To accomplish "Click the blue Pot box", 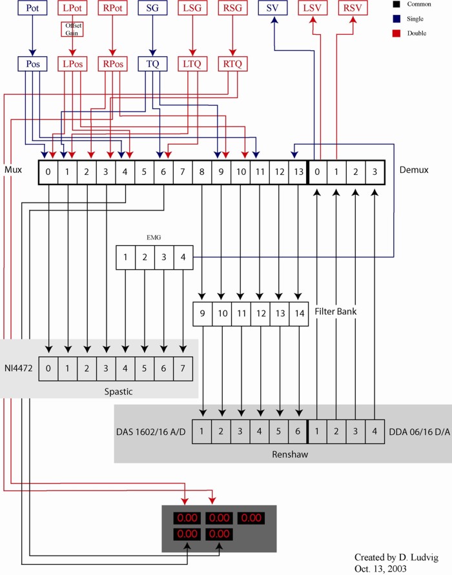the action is pos(32,8).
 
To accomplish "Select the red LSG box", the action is pos(192,8).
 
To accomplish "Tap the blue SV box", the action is pos(272,8).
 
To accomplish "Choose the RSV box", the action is pos(353,8).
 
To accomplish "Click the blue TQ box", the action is pos(152,64).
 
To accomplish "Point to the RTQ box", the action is pos(232,64).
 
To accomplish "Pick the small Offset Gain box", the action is pos(72,29).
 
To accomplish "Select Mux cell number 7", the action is pos(182,172).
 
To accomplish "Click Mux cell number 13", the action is pos(298,172).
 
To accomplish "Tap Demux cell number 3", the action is pos(375,172).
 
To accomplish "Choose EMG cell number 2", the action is pos(145,257).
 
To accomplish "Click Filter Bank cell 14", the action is pos(299,314).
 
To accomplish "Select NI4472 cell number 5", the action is pos(144,368).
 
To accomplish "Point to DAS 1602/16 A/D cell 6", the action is pos(298,432).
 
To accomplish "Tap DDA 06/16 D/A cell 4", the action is pos(375,432).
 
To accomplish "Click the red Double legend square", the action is pos(396,34).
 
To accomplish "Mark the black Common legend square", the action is pos(396,5).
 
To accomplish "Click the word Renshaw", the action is pos(290,454).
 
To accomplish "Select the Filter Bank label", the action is pos(336,311).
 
